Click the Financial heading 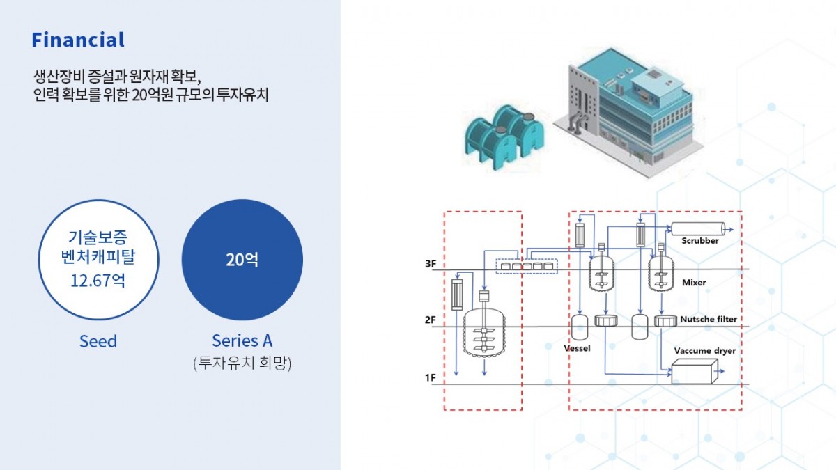(78, 40)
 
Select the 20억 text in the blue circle (242, 260)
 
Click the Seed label (98, 341)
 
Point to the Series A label (242, 340)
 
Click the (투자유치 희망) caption (242, 362)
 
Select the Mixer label (694, 283)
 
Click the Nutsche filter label (709, 320)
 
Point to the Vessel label (577, 347)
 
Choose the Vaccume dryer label (705, 351)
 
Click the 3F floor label (431, 265)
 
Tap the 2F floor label (431, 320)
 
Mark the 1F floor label (431, 378)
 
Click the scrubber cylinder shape (697, 228)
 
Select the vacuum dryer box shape (693, 373)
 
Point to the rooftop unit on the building (655, 86)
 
